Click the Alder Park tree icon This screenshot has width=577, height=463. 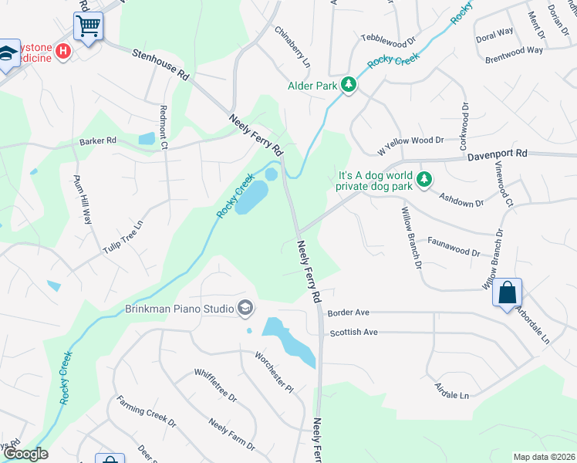(349, 85)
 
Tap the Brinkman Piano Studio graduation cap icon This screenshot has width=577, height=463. (245, 309)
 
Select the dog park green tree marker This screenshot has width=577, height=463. (423, 180)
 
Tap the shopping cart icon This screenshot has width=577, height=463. (88, 25)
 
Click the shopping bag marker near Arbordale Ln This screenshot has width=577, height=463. (507, 293)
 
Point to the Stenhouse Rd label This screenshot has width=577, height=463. (160, 65)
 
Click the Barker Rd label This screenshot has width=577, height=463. (97, 141)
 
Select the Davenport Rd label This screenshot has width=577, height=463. (497, 155)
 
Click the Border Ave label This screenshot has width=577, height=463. (349, 313)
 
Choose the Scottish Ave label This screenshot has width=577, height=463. (353, 332)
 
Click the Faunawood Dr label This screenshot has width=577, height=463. (454, 252)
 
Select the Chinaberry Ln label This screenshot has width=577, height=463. (292, 46)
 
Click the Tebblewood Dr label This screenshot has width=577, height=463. (389, 38)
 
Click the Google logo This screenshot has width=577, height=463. (25, 454)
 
